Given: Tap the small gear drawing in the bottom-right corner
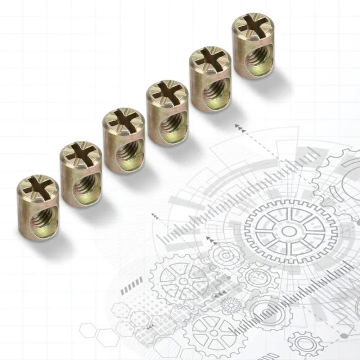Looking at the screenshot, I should (305, 344).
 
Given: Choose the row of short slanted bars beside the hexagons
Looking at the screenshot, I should (132, 287).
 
